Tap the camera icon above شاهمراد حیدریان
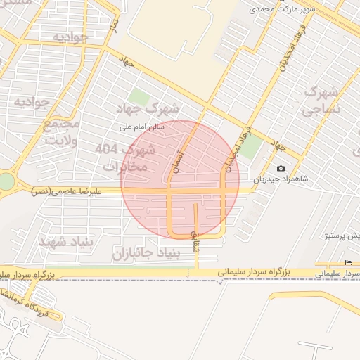pyautogui.click(x=281, y=168)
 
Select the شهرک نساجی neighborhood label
pyautogui.click(x=321, y=101)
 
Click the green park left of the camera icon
pyautogui.click(x=251, y=146)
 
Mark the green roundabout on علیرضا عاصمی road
pyautogui.click(x=6, y=181)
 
